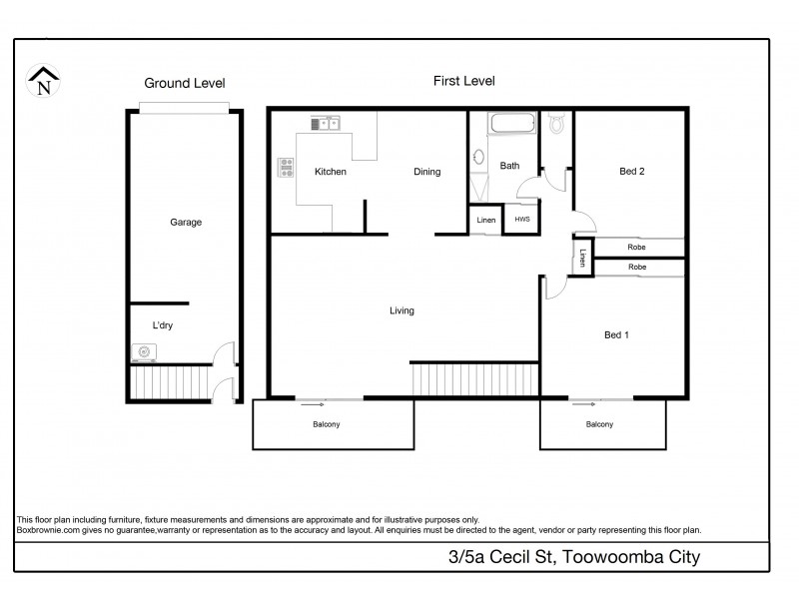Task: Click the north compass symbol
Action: (43, 80)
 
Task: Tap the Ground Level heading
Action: (185, 83)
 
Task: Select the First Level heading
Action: (463, 81)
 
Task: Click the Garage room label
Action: (186, 223)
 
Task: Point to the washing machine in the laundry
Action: (145, 351)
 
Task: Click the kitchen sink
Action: (326, 124)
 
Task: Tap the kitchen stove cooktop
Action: (286, 168)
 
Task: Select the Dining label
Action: (427, 172)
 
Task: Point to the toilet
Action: (558, 123)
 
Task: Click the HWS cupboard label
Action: (522, 220)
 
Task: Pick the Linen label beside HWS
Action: (486, 220)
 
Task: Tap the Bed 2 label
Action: (632, 171)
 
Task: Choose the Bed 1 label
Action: (616, 334)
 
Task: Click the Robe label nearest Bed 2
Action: (636, 247)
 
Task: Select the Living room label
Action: (401, 310)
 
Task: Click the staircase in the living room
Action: (474, 379)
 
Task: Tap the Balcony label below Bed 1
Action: (599, 425)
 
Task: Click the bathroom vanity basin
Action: (477, 158)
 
